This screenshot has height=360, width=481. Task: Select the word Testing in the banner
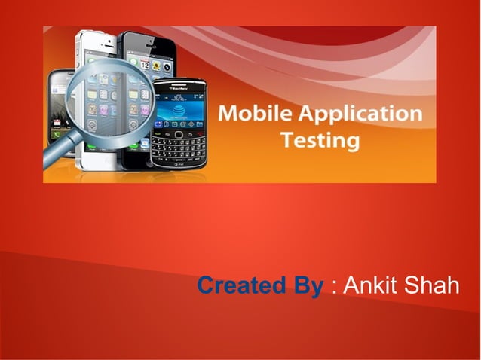point(320,140)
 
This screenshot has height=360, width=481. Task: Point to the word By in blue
point(305,287)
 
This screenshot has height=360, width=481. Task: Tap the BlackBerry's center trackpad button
point(178,133)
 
